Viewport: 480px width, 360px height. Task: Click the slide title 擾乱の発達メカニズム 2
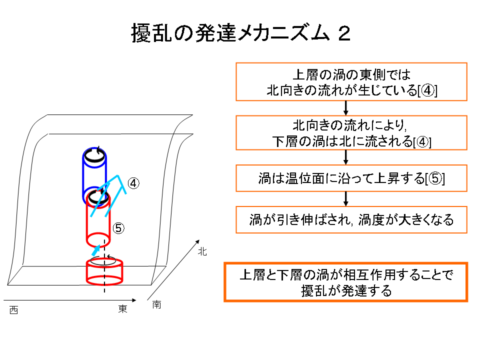[241, 33]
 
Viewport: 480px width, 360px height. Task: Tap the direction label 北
[202, 251]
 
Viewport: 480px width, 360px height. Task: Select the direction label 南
[156, 304]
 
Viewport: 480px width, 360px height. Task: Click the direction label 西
[14, 310]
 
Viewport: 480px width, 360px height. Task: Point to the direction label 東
[123, 309]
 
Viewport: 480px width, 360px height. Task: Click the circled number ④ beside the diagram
[133, 183]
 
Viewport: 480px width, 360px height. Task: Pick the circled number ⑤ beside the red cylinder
[118, 228]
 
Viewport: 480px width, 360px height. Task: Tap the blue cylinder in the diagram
[94, 176]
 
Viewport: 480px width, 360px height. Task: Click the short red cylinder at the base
[104, 272]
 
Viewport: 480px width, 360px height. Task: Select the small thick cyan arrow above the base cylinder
[96, 250]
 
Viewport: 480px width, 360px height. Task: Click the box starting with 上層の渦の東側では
[351, 81]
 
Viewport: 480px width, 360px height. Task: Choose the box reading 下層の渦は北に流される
[351, 133]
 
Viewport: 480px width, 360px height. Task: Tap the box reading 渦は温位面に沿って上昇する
[351, 178]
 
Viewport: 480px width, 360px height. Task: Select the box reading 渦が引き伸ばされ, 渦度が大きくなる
[351, 220]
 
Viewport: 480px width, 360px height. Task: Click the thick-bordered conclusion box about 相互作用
[346, 282]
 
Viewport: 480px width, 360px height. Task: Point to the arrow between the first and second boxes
[346, 108]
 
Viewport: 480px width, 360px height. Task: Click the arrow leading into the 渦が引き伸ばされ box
[346, 199]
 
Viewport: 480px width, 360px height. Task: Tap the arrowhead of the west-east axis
[134, 300]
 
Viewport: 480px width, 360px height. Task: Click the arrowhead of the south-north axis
[198, 241]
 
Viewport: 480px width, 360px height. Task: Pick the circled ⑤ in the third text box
[434, 178]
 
